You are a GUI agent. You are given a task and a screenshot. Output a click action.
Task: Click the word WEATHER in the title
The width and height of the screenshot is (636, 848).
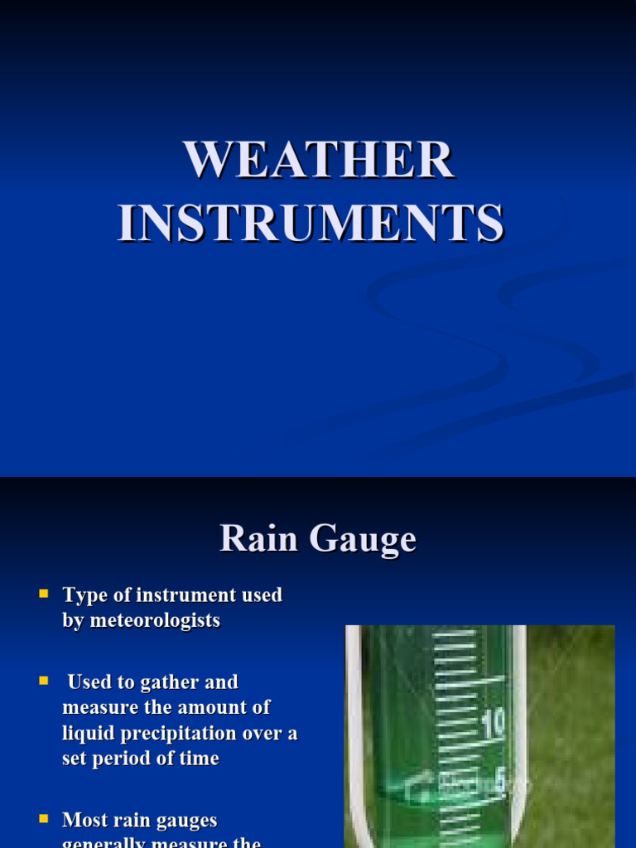coord(319,160)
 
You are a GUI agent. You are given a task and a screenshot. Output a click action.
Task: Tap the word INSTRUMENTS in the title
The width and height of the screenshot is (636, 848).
coord(311,224)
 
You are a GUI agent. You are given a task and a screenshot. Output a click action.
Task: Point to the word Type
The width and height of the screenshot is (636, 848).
coord(80,595)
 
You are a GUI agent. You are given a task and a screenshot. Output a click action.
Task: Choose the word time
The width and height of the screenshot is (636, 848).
coord(197,759)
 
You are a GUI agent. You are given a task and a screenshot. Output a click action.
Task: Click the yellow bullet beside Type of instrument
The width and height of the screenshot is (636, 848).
coord(44,594)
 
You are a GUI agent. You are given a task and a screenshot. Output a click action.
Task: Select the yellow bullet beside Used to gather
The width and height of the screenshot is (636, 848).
coord(44,681)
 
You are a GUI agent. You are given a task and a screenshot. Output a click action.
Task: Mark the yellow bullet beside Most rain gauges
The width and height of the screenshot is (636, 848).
coord(44,819)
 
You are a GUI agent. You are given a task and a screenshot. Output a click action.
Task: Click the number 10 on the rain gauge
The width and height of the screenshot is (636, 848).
coord(493,725)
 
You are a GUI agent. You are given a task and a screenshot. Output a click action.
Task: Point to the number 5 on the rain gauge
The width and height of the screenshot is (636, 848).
coord(499,778)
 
